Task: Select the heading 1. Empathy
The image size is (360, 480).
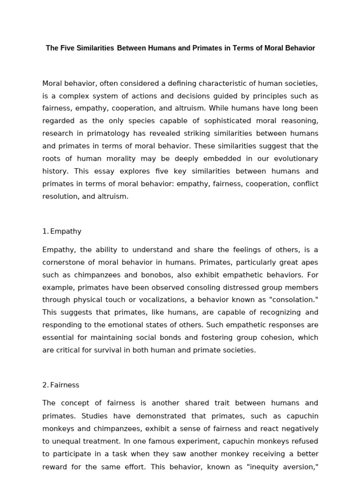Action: (62, 231)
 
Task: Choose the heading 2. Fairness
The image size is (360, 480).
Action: (61, 385)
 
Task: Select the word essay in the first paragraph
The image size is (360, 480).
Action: (98, 172)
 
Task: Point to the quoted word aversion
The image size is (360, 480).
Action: (300, 466)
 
